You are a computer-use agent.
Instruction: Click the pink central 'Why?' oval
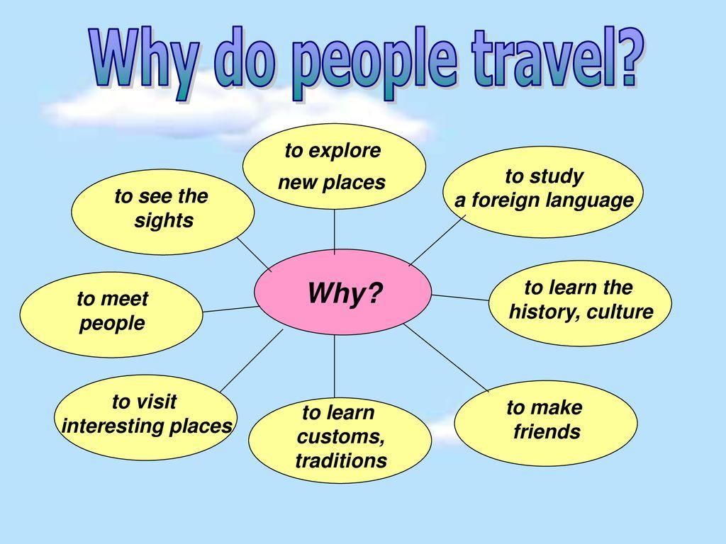343,292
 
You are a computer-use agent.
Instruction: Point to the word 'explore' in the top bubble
345,150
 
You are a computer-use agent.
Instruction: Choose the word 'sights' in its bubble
164,220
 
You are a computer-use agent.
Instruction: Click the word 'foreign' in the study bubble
506,200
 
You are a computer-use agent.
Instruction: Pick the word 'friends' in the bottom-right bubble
547,431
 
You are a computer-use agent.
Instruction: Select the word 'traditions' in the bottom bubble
341,460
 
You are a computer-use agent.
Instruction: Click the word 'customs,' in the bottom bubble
341,436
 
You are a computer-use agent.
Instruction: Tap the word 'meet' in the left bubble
125,299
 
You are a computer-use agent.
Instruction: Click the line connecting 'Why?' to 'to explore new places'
335,232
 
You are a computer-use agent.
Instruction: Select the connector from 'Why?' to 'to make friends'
447,358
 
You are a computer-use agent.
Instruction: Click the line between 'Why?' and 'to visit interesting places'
252,361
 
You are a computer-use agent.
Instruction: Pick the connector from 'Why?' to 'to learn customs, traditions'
335,366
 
